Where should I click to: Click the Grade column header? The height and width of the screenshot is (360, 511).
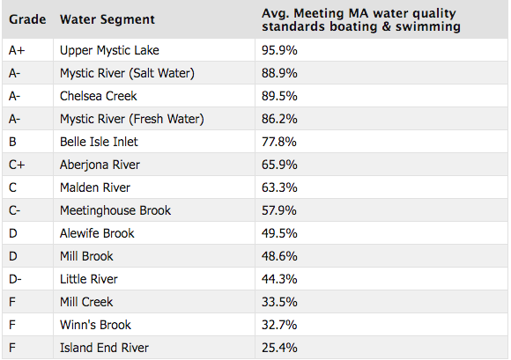pos(26,19)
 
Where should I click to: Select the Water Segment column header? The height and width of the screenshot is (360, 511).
pos(107,19)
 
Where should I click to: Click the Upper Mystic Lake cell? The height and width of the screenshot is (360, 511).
pos(109,50)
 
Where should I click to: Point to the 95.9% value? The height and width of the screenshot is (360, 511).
pos(280,50)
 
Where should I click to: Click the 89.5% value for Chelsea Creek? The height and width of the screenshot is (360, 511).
pos(280,96)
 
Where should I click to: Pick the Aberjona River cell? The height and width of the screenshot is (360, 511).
pos(100,165)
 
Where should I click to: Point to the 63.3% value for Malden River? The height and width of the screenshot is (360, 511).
pos(280,187)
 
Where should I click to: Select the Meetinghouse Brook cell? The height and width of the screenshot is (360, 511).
pos(115,210)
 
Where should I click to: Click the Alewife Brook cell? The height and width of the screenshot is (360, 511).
pos(99,233)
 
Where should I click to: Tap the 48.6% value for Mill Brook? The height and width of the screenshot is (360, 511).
pos(280,256)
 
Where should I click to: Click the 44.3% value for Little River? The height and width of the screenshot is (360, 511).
pos(280,279)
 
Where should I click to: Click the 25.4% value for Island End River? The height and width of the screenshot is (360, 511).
pos(280,348)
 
